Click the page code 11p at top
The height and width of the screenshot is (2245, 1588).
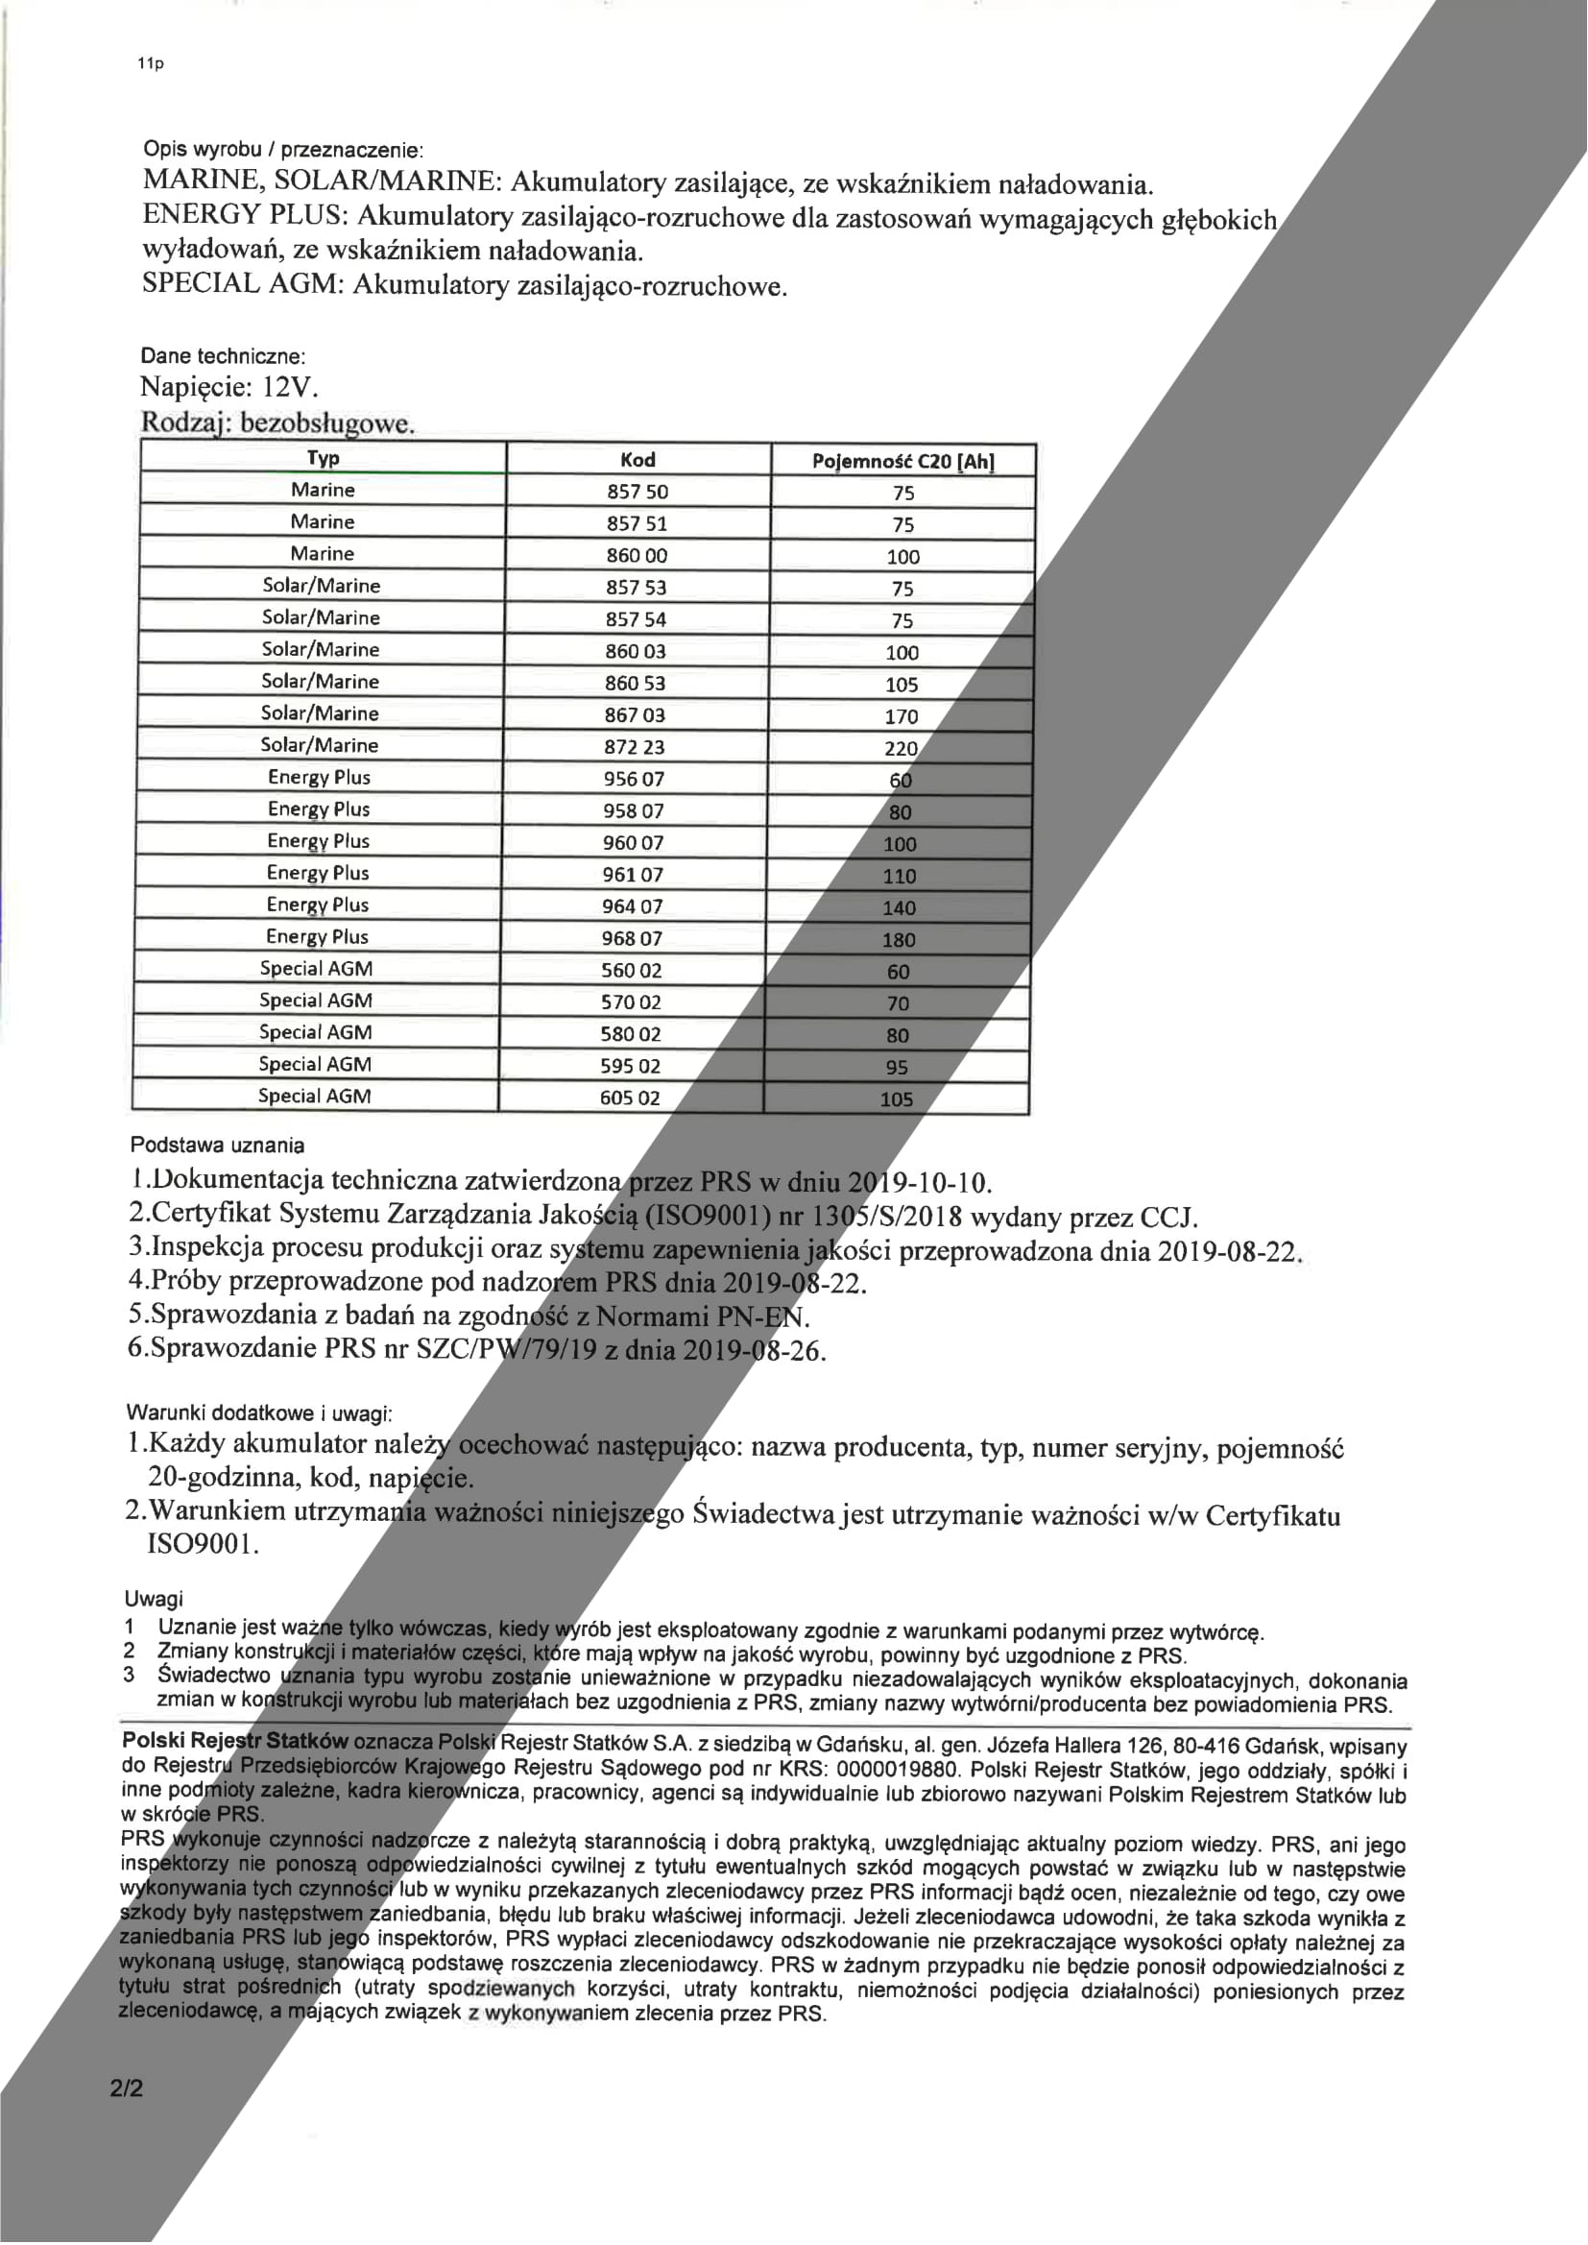pos(151,64)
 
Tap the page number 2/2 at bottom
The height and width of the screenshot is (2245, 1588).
pos(127,2088)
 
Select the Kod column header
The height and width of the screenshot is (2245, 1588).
pos(638,460)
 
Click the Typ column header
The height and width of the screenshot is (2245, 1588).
pos(323,459)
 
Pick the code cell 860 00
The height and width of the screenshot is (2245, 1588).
pos(637,555)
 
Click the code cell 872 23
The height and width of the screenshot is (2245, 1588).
pos(634,747)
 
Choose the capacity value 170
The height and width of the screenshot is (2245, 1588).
pos(901,716)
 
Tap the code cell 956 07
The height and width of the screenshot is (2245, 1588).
pos(634,780)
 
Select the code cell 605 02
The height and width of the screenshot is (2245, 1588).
pos(630,1098)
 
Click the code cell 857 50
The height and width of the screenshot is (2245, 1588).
pos(638,492)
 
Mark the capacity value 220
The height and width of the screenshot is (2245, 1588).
pos(901,749)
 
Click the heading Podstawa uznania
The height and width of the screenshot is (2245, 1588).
pos(217,1144)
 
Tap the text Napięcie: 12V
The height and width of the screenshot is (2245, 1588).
pos(229,387)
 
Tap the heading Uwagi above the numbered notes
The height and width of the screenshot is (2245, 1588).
pos(153,1599)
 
